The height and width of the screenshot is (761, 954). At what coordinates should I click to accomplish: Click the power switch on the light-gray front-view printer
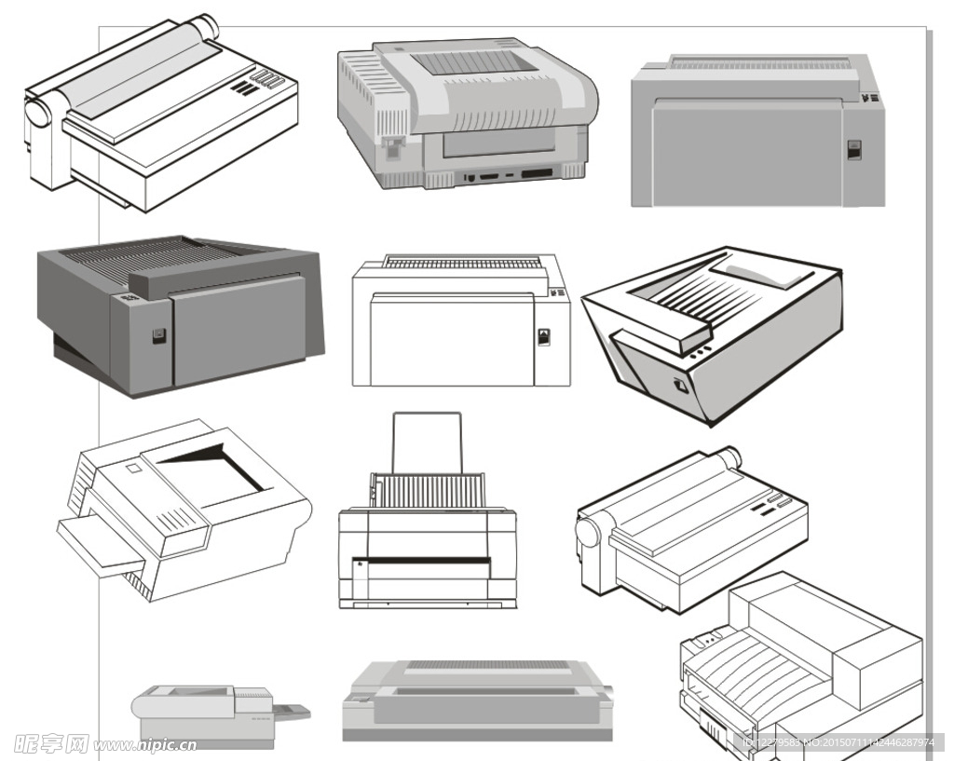(853, 150)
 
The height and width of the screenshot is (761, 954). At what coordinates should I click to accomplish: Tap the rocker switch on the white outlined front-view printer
(544, 336)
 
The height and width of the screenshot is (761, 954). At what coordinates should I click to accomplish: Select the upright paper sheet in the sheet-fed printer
(428, 443)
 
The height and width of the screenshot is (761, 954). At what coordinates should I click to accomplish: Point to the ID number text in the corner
(838, 742)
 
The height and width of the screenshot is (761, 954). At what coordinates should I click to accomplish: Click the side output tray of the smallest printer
(291, 711)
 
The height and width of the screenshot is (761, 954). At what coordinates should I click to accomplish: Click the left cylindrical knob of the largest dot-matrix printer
(39, 114)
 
